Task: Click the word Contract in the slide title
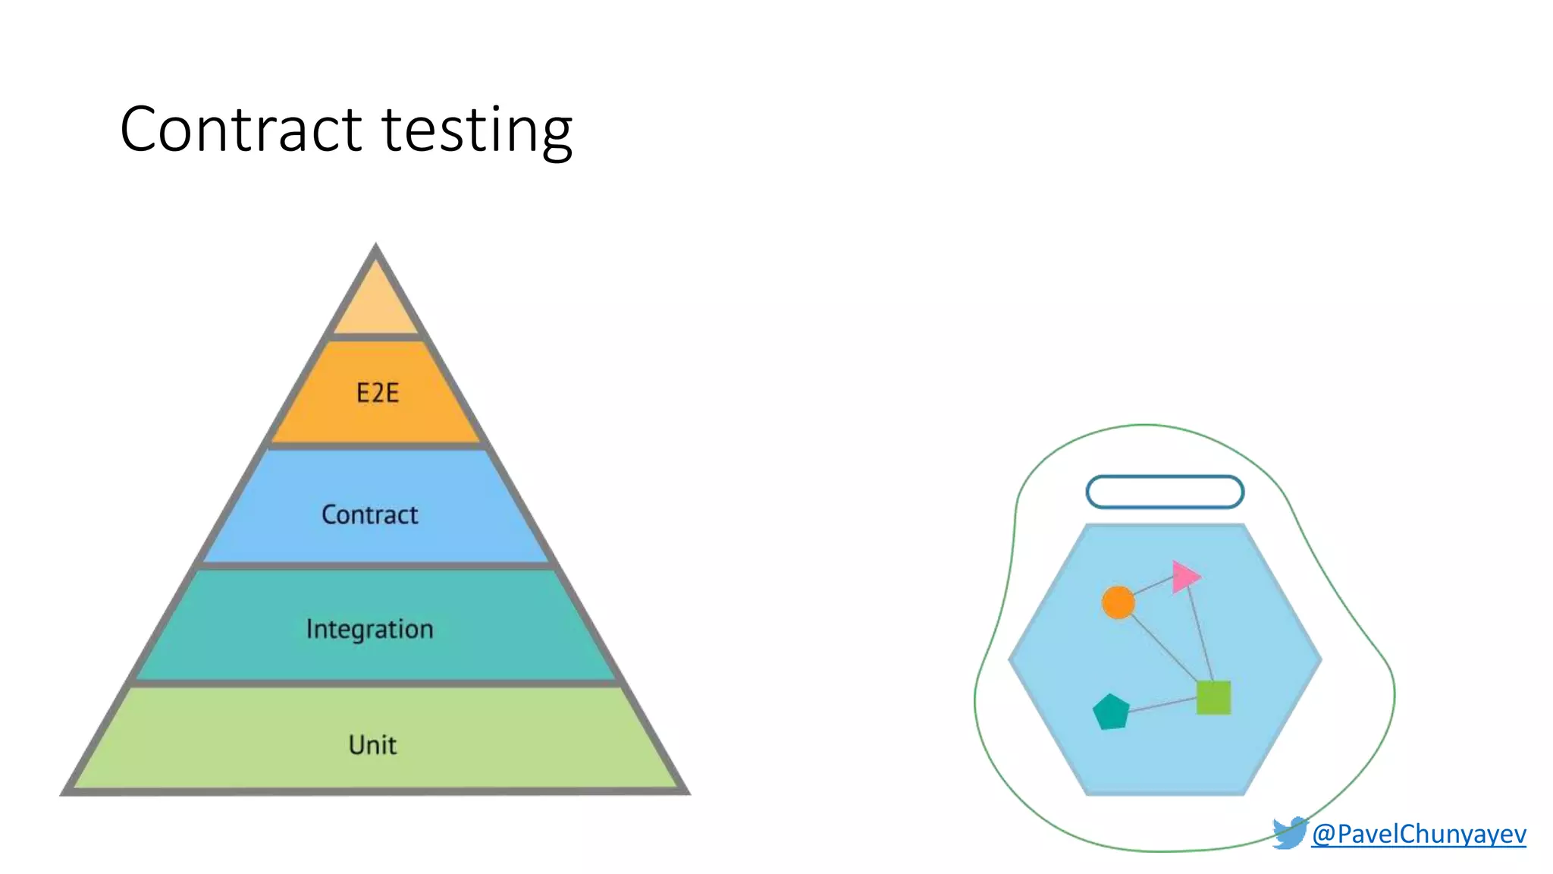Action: (241, 130)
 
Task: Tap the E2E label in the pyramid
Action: (378, 393)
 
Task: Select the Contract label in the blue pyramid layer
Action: (369, 515)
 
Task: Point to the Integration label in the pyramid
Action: (369, 629)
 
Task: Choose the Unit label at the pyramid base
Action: (372, 745)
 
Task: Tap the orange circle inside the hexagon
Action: (1118, 602)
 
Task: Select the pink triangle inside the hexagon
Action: (1184, 577)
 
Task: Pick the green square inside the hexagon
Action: (1213, 697)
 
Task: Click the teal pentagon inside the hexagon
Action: (1111, 712)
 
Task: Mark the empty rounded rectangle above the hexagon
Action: (1165, 492)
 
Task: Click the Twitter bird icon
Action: (1289, 833)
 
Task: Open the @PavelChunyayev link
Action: (1418, 834)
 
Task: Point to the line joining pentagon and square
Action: (1162, 705)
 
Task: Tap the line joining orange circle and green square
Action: (1165, 649)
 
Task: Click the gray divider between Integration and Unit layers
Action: (376, 684)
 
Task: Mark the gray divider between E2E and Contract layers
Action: (376, 446)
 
